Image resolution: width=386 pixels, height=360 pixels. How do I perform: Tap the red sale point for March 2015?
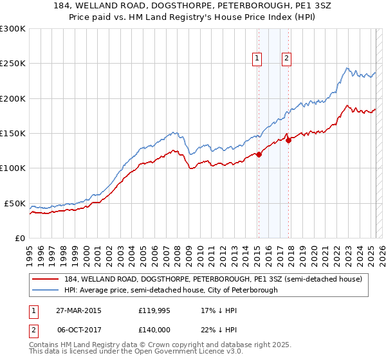tap(259, 154)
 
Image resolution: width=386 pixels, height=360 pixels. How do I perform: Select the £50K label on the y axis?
tap(15, 203)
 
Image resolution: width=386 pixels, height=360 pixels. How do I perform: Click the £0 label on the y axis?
tap(19, 238)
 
